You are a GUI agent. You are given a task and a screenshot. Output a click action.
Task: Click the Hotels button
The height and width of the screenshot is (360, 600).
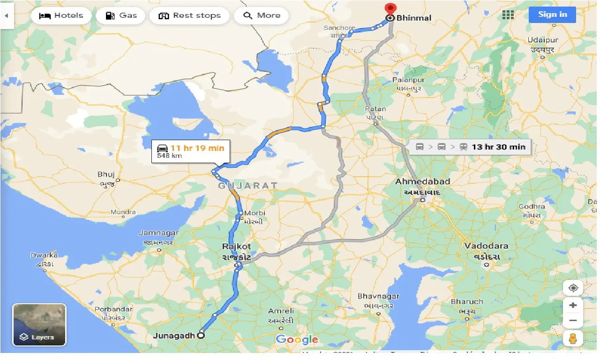pyautogui.click(x=61, y=15)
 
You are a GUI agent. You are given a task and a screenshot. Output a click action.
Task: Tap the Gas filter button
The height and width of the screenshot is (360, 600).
pyautogui.click(x=121, y=15)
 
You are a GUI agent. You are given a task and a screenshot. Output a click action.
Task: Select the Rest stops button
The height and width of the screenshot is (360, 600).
pyautogui.click(x=189, y=15)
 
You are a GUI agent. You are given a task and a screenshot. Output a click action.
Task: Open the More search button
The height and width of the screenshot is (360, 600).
pyautogui.click(x=262, y=15)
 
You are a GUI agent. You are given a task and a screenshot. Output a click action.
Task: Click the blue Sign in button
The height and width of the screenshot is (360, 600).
pyautogui.click(x=552, y=15)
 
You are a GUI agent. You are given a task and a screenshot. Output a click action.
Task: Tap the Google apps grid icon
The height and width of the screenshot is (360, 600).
pyautogui.click(x=508, y=15)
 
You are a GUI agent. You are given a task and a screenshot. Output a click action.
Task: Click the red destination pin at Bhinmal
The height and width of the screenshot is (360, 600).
pyautogui.click(x=390, y=9)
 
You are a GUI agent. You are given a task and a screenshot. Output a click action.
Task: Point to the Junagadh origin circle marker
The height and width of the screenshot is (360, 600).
pyautogui.click(x=201, y=335)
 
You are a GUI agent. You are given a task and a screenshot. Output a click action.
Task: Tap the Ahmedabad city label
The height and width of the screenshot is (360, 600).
pyautogui.click(x=422, y=181)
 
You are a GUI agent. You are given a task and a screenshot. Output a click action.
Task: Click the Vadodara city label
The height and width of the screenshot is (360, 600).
pyautogui.click(x=486, y=246)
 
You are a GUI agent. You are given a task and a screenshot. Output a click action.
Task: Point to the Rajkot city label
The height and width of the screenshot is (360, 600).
pyautogui.click(x=237, y=247)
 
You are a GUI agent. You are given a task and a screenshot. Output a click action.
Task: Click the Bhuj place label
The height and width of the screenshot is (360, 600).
pyautogui.click(x=106, y=174)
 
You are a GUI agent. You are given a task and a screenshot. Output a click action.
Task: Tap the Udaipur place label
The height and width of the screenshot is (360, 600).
pyautogui.click(x=542, y=40)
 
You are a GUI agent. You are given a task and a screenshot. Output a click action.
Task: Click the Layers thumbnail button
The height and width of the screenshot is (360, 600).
pyautogui.click(x=39, y=325)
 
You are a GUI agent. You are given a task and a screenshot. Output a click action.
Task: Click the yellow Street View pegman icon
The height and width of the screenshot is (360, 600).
pyautogui.click(x=573, y=337)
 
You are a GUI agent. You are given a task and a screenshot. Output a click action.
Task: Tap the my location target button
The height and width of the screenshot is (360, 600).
pyautogui.click(x=573, y=288)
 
